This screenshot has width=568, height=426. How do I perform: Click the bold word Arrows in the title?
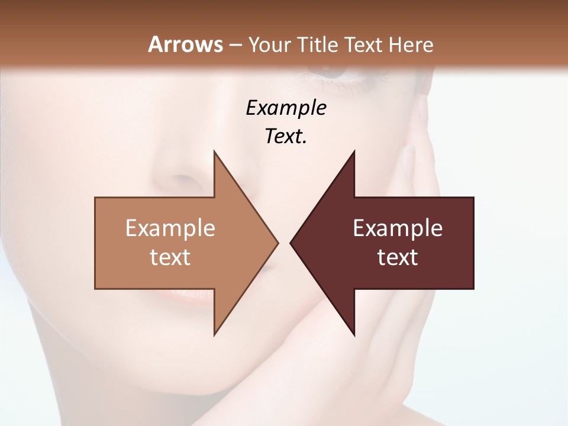tap(185, 44)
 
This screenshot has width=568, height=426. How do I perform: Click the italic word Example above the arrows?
tap(286, 108)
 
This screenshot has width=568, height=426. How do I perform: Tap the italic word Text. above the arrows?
tap(286, 136)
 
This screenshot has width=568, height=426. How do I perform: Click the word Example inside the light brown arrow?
tap(170, 228)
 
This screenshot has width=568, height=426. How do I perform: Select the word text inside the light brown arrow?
tap(170, 257)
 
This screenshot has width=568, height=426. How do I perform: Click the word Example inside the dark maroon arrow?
tap(398, 228)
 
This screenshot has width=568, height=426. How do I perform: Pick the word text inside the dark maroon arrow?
tap(398, 257)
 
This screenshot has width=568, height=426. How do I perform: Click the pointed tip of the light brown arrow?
tap(277, 243)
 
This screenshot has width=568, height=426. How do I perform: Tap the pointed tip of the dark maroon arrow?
tap(291, 243)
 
